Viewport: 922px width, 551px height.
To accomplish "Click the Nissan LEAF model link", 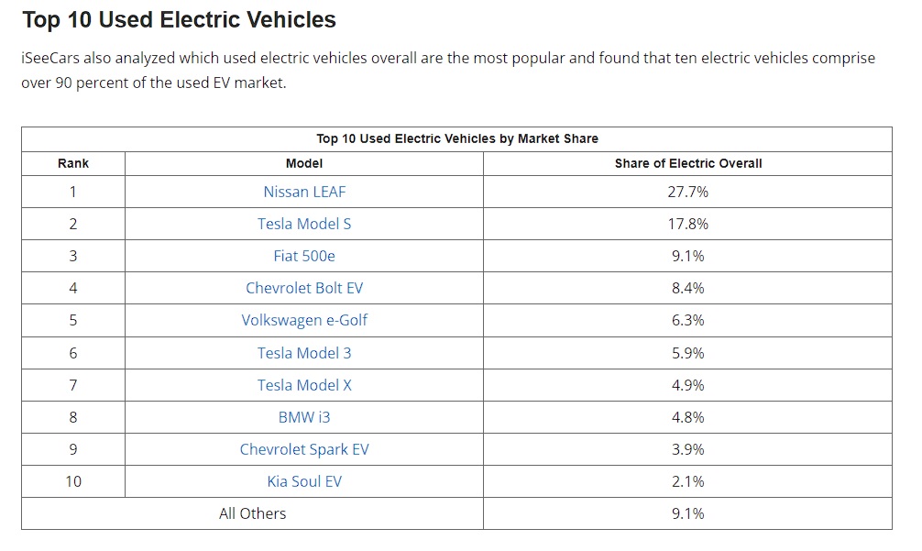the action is [x=304, y=192].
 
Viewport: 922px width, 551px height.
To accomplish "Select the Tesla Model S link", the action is [x=304, y=224].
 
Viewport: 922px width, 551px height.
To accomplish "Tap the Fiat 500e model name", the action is [x=304, y=256].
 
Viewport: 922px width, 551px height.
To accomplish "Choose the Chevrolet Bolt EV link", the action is [x=304, y=288].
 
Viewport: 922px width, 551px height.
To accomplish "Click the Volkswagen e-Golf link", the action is [x=304, y=321].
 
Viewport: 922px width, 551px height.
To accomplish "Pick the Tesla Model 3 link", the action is [x=304, y=353].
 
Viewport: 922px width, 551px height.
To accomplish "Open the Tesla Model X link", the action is [x=304, y=385].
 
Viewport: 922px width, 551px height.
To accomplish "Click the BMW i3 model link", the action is [x=304, y=417].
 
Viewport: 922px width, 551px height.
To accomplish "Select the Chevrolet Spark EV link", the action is [x=304, y=449].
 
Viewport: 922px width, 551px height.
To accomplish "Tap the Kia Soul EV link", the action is [x=304, y=481].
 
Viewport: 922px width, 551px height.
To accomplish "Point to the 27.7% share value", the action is [x=687, y=192].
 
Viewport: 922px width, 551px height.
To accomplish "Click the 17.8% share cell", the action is [x=687, y=224].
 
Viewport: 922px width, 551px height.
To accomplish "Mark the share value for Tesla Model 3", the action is [x=687, y=353].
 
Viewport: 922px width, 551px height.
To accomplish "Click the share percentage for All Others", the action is [x=687, y=513].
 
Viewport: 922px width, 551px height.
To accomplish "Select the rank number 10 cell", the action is [x=73, y=481].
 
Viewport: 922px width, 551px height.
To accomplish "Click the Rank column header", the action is [x=73, y=163].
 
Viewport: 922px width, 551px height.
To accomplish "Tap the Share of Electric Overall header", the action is [x=688, y=163].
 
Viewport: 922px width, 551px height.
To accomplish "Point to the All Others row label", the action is [x=252, y=513].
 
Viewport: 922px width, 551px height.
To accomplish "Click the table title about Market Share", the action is [x=457, y=138].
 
